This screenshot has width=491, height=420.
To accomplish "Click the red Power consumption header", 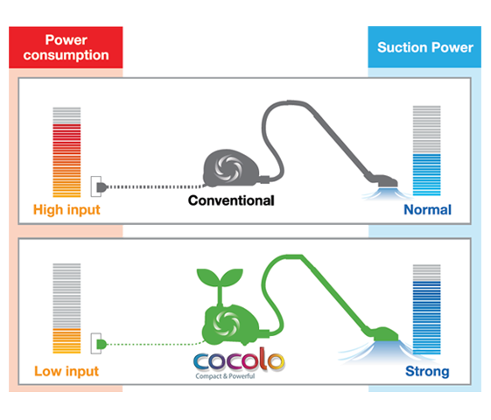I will (67, 47).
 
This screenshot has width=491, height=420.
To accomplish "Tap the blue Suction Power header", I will (424, 47).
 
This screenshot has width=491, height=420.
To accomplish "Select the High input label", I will (67, 210).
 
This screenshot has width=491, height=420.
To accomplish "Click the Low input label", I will (67, 371).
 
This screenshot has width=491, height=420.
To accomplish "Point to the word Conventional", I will (232, 200).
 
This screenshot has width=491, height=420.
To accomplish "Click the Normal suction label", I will (427, 210).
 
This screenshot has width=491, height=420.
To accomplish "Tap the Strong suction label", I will (427, 371).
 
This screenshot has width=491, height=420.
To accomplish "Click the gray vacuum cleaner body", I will (230, 169).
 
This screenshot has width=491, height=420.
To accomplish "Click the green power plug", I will (100, 345).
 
